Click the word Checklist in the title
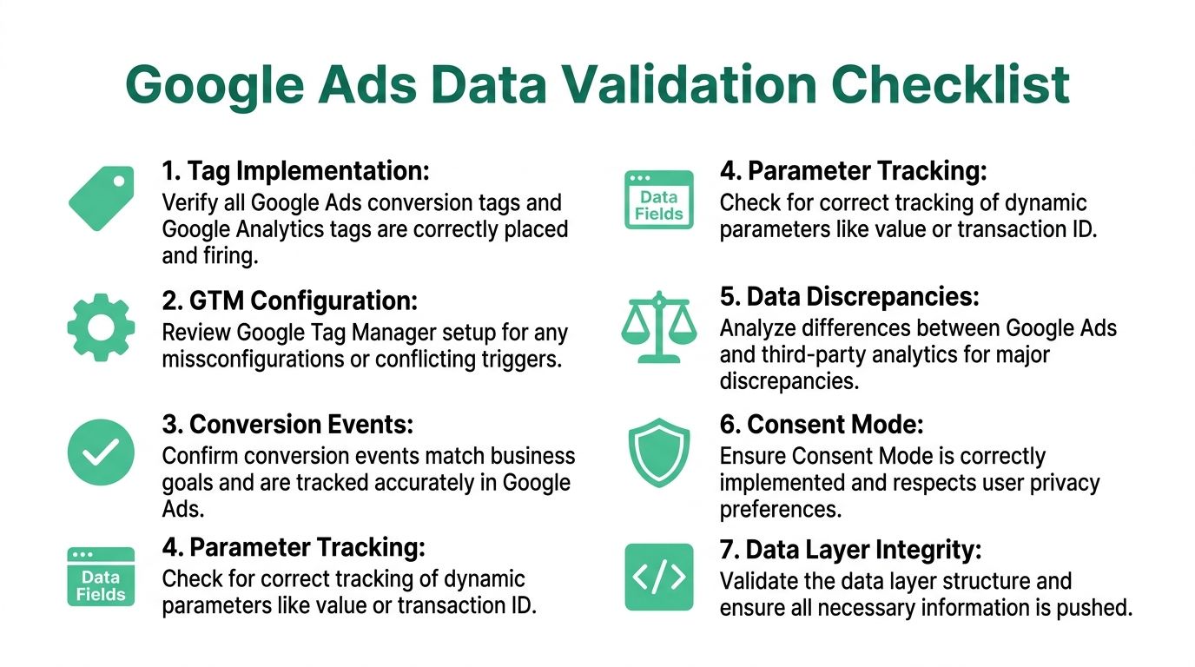(950, 85)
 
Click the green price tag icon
(101, 199)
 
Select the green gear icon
(101, 327)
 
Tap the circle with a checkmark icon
(101, 451)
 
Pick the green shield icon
(658, 452)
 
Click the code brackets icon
(658, 577)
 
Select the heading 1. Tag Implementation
(295, 171)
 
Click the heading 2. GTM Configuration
(289, 301)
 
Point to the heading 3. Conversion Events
(287, 425)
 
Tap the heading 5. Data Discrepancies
(849, 297)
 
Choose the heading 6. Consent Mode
(822, 425)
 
